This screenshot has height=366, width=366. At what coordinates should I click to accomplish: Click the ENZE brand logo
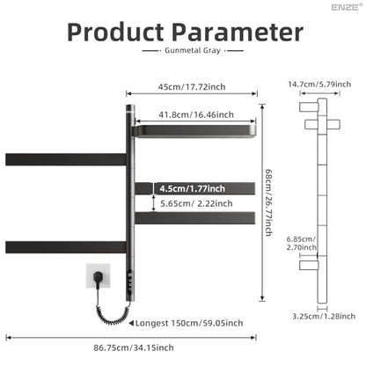coord(347,7)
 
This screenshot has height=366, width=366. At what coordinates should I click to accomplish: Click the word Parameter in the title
coord(238,33)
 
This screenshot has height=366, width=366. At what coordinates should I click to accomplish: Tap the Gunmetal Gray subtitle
coord(193,50)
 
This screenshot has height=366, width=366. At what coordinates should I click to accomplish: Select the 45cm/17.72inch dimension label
coord(192,87)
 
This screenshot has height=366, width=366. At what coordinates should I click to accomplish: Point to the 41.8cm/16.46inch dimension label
coord(196,114)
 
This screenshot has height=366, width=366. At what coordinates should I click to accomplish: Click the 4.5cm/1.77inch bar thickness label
coord(193,188)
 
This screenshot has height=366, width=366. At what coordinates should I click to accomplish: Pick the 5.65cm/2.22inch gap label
coord(196,203)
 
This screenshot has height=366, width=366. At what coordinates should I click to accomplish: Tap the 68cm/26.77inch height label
coord(268,202)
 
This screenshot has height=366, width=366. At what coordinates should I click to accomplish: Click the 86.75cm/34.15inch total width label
coord(134,348)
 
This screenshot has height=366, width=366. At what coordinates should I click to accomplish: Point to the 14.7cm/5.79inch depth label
coord(319,84)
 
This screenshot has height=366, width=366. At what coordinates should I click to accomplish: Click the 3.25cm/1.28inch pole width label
coord(324,317)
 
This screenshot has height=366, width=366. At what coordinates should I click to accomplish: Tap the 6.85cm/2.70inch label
coord(302,244)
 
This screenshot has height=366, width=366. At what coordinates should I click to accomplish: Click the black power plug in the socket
coord(98,276)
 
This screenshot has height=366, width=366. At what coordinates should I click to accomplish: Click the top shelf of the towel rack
coord(194,131)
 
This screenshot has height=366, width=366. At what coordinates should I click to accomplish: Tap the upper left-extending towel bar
coord(66,159)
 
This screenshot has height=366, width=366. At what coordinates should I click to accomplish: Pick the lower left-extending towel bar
coord(66,247)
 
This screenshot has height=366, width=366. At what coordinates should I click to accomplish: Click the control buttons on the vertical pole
coord(129,282)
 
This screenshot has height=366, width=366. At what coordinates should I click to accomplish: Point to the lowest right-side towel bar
coord(194,218)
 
